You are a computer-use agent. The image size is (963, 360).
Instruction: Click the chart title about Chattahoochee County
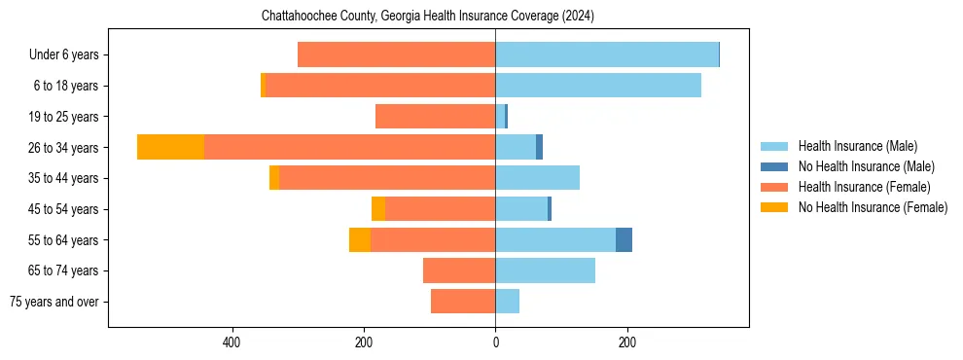point(428,17)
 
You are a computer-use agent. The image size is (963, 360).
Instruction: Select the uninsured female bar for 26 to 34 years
point(170,147)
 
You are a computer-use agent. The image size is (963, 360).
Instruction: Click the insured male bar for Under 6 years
point(607,54)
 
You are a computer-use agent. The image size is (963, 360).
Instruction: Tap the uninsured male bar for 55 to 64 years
point(624,239)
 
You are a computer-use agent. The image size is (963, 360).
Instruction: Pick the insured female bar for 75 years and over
point(463,302)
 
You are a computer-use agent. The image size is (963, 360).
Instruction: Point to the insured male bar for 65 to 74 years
point(545,270)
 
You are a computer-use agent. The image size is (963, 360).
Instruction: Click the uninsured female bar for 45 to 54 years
point(378,209)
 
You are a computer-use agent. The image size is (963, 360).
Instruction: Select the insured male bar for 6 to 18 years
point(598,86)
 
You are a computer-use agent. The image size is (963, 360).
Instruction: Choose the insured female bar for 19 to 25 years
point(435,117)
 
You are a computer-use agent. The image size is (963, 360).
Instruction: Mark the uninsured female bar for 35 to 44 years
point(274,178)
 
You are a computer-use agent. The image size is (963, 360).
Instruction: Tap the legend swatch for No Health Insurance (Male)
point(775,166)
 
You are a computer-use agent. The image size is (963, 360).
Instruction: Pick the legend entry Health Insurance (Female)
point(858,187)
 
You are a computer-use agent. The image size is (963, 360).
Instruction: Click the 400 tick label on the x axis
point(232,342)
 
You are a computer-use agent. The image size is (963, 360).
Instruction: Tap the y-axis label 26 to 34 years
point(64,148)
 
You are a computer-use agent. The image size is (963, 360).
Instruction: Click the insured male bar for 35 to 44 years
point(537,178)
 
